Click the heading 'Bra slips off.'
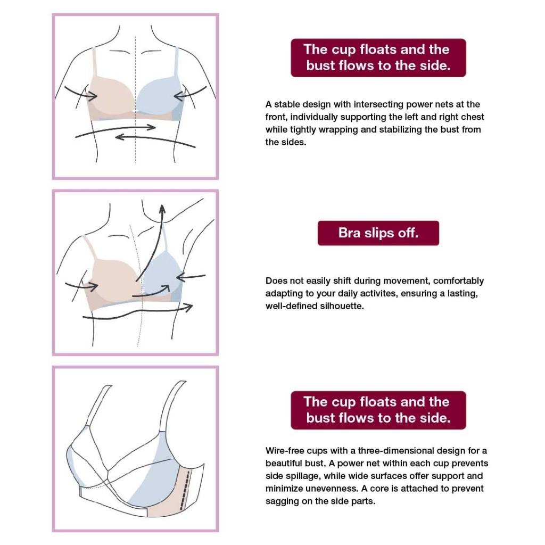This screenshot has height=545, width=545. pyautogui.click(x=378, y=233)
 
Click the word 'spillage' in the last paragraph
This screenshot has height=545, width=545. pyautogui.click(x=300, y=476)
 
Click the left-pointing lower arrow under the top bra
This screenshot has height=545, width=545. pyautogui.click(x=155, y=138)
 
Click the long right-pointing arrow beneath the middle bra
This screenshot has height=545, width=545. pyautogui.click(x=138, y=311)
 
